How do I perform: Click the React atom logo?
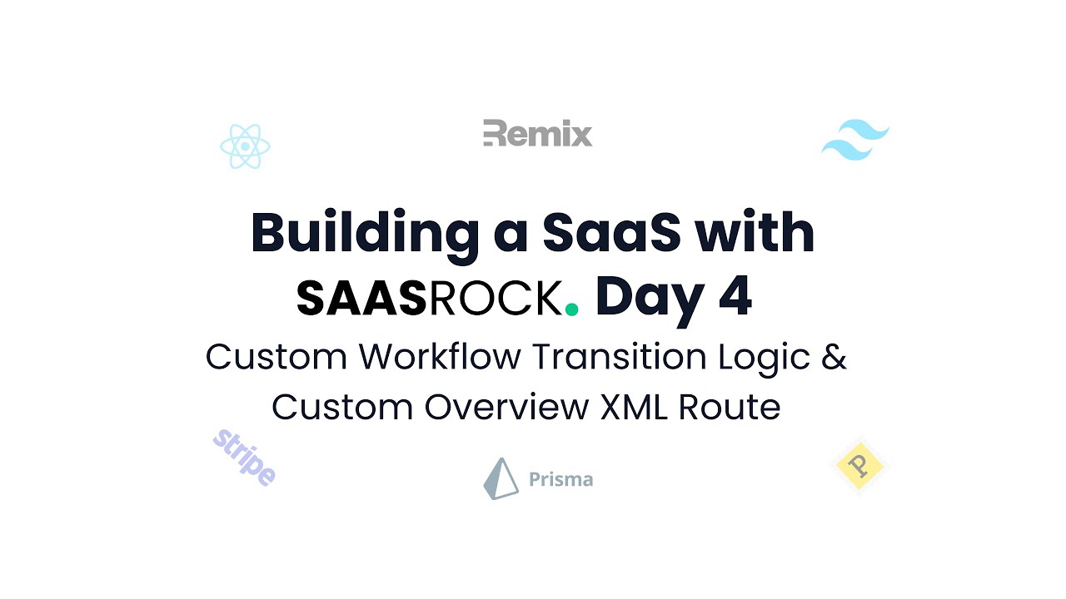(245, 147)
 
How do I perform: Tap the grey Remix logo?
(537, 133)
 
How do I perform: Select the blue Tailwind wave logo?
(855, 140)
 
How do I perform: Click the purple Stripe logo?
(244, 458)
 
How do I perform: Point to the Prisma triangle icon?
(501, 478)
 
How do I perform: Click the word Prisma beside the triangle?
(560, 479)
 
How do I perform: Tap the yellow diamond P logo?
(859, 465)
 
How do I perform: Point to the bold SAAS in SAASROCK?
(361, 299)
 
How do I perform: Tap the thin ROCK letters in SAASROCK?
(495, 299)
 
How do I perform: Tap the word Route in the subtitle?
(730, 407)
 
